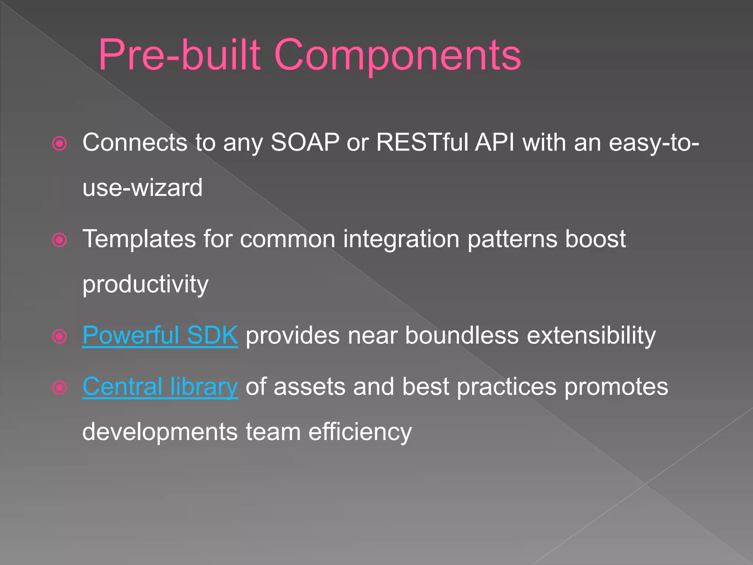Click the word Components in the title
point(397,55)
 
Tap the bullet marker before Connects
point(60,143)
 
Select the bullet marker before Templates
point(60,240)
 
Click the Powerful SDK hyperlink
point(160,335)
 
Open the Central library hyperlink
point(160,387)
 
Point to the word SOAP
point(305,143)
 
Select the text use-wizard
point(142,188)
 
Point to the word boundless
point(461,335)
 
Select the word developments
point(160,433)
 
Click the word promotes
point(616,387)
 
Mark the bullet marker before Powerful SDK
point(60,336)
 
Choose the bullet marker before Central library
point(60,388)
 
